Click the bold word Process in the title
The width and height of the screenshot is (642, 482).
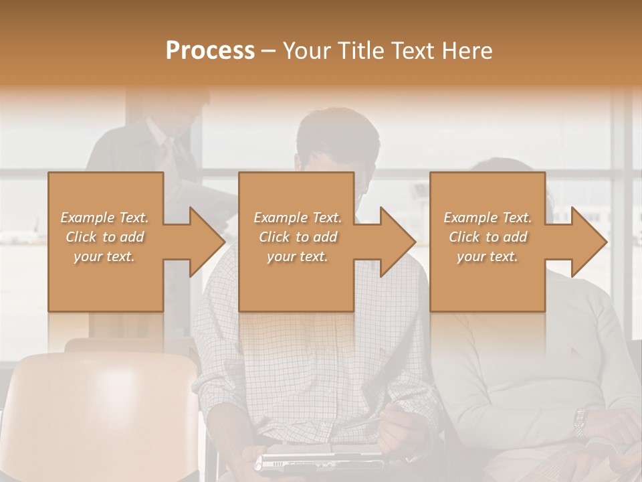point(210,51)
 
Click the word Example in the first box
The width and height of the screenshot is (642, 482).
point(87,218)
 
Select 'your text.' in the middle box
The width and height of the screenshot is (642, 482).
point(298,256)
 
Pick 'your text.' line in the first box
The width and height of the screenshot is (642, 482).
point(104,256)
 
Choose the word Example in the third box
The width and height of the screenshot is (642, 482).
point(471,218)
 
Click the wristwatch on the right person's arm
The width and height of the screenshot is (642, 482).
point(579,422)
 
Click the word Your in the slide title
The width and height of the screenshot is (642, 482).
point(306,51)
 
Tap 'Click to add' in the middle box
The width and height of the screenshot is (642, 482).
point(298,237)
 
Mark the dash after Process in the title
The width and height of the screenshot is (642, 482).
point(269,51)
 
